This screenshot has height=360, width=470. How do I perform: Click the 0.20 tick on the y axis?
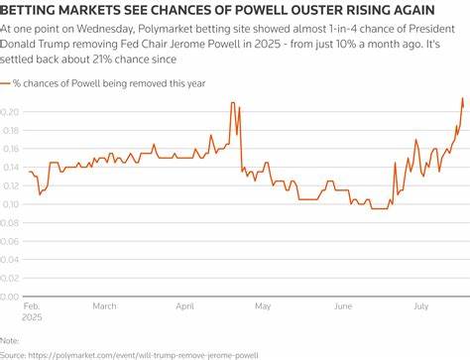click(10, 112)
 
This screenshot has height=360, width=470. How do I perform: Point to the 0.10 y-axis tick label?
click(10, 203)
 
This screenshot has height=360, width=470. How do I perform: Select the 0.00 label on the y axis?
click(10, 296)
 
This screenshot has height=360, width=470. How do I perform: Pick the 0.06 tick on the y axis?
click(10, 240)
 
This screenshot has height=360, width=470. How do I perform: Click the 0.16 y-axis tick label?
click(10, 149)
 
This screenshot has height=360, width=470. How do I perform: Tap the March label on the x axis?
click(104, 306)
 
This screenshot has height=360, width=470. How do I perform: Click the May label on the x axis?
click(262, 306)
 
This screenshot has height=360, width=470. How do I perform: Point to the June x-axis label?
click(343, 306)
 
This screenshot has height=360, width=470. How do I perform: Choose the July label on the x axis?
click(422, 306)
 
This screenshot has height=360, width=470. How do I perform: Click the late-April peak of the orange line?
click(232, 103)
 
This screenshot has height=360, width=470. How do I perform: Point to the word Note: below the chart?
click(12, 339)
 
